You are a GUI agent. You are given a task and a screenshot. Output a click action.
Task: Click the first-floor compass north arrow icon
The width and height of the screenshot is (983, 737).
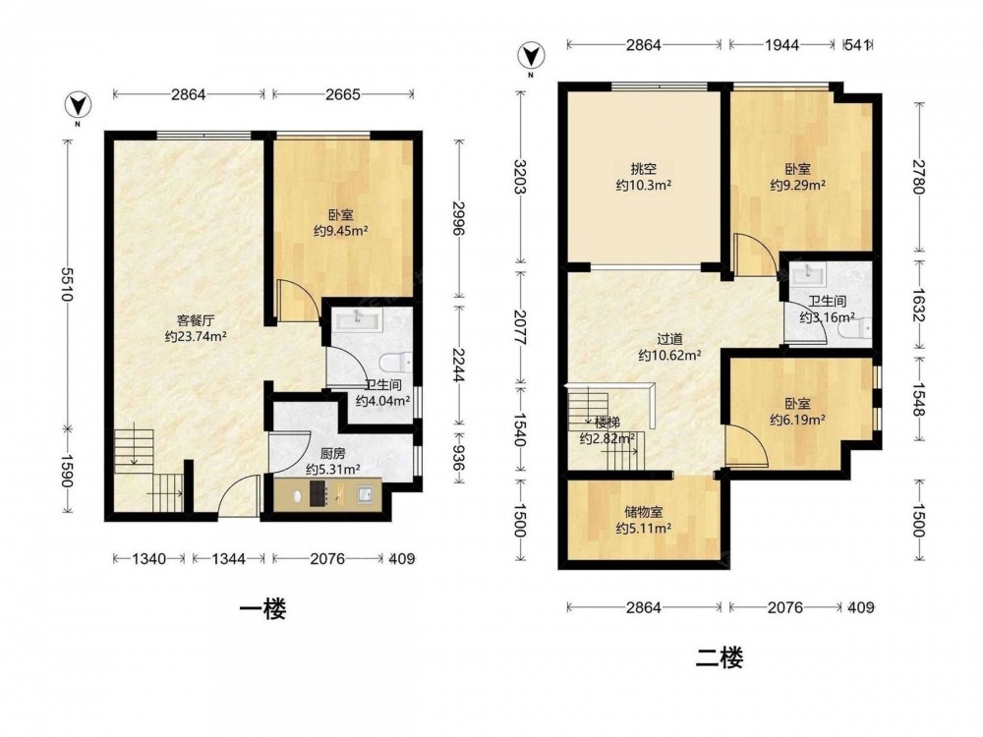coord(78,105)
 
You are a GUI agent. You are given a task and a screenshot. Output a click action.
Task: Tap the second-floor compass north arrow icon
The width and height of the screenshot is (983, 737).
coord(531,56)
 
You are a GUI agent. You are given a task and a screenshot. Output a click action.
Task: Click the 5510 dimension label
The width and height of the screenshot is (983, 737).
coord(68,283)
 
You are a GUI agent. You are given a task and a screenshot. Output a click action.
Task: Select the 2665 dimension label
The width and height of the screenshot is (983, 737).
coord(342,94)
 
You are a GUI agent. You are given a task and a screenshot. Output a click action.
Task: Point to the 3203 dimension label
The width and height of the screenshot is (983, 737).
coord(520,177)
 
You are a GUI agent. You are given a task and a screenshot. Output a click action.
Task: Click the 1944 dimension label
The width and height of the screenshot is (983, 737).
coord(781,45)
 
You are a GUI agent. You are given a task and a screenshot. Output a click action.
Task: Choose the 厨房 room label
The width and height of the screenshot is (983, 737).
coord(332,454)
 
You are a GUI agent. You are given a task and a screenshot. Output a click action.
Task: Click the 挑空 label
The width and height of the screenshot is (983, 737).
coord(643,169)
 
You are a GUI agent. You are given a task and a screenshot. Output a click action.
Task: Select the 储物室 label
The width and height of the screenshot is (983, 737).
coord(643,513)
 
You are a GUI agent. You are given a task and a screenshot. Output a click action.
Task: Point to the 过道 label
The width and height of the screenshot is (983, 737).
coord(668,340)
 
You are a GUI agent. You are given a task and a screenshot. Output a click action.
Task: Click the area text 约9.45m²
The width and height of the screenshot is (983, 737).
coord(340,231)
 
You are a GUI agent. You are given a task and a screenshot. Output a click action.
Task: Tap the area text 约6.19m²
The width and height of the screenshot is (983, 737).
coord(797,420)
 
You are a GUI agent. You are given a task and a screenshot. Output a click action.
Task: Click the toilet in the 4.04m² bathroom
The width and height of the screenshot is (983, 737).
coord(395,363)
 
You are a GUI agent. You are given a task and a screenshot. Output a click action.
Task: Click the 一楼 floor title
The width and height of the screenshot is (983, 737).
coord(263,609)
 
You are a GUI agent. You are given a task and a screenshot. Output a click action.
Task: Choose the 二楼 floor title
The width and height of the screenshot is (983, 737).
coord(720,658)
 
